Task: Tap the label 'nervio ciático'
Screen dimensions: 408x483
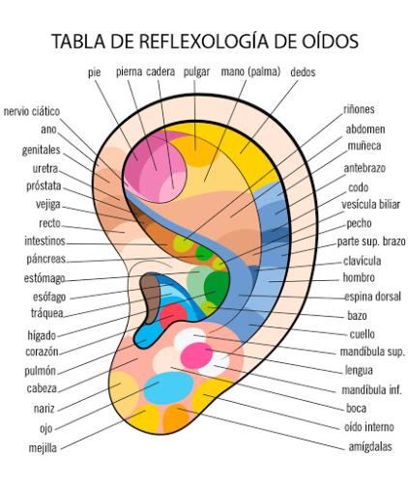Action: coord(32,111)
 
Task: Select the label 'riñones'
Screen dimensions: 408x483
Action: coord(359,109)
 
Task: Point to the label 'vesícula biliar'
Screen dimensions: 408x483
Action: coord(370,204)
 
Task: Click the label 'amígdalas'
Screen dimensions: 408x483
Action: coord(370,447)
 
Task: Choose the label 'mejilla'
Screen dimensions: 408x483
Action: coord(43,448)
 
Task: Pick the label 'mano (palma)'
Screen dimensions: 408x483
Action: coord(250,71)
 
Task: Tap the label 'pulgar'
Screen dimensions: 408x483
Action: coord(196,71)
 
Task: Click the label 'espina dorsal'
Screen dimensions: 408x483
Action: coord(372,297)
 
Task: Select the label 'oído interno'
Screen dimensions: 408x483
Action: coord(369,427)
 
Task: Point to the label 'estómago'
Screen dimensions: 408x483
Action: coord(44,278)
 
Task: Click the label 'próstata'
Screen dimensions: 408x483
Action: coord(44,185)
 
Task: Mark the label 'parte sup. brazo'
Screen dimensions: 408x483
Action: coord(371,241)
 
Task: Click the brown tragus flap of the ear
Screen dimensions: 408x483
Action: coord(150,298)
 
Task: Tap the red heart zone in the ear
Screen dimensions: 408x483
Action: coord(173,314)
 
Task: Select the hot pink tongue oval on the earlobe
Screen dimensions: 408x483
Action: coord(196,355)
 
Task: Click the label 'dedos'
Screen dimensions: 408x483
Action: coord(303,71)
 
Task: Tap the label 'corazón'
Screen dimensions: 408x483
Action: coord(42,352)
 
